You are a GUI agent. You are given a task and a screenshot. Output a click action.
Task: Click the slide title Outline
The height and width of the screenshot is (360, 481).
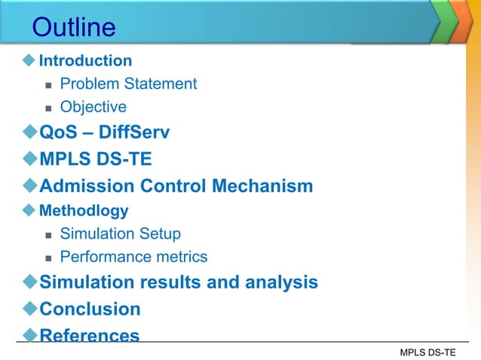pos(74,28)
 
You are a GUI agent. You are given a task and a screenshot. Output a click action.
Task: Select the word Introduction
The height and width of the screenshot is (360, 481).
pos(85,60)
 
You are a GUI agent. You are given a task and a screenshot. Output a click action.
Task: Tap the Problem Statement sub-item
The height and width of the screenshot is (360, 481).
pos(128,84)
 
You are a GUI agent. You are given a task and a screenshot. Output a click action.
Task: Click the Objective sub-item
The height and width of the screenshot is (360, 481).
pos(93,107)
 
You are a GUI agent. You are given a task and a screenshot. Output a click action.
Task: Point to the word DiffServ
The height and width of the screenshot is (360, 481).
pos(136,133)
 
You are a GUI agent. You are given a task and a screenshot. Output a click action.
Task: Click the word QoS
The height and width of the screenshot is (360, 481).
pos(57,133)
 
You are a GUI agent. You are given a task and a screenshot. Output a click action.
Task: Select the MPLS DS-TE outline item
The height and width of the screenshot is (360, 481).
pos(95,160)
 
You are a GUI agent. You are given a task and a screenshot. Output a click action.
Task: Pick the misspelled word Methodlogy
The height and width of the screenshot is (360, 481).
pos(84,210)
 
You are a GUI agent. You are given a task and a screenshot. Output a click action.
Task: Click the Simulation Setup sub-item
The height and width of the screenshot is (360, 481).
pos(120,233)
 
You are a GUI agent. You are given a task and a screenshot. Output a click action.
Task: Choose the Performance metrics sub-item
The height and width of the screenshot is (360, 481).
pos(133,257)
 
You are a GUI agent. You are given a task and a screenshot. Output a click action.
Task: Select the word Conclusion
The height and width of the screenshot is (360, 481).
pos(90,309)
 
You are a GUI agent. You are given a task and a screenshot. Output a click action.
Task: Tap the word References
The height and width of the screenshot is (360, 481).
pos(89,335)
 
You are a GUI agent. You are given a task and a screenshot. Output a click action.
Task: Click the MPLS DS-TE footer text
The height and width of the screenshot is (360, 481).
pos(427,352)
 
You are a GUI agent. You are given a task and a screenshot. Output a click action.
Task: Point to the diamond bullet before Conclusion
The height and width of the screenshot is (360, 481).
pos(29,309)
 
